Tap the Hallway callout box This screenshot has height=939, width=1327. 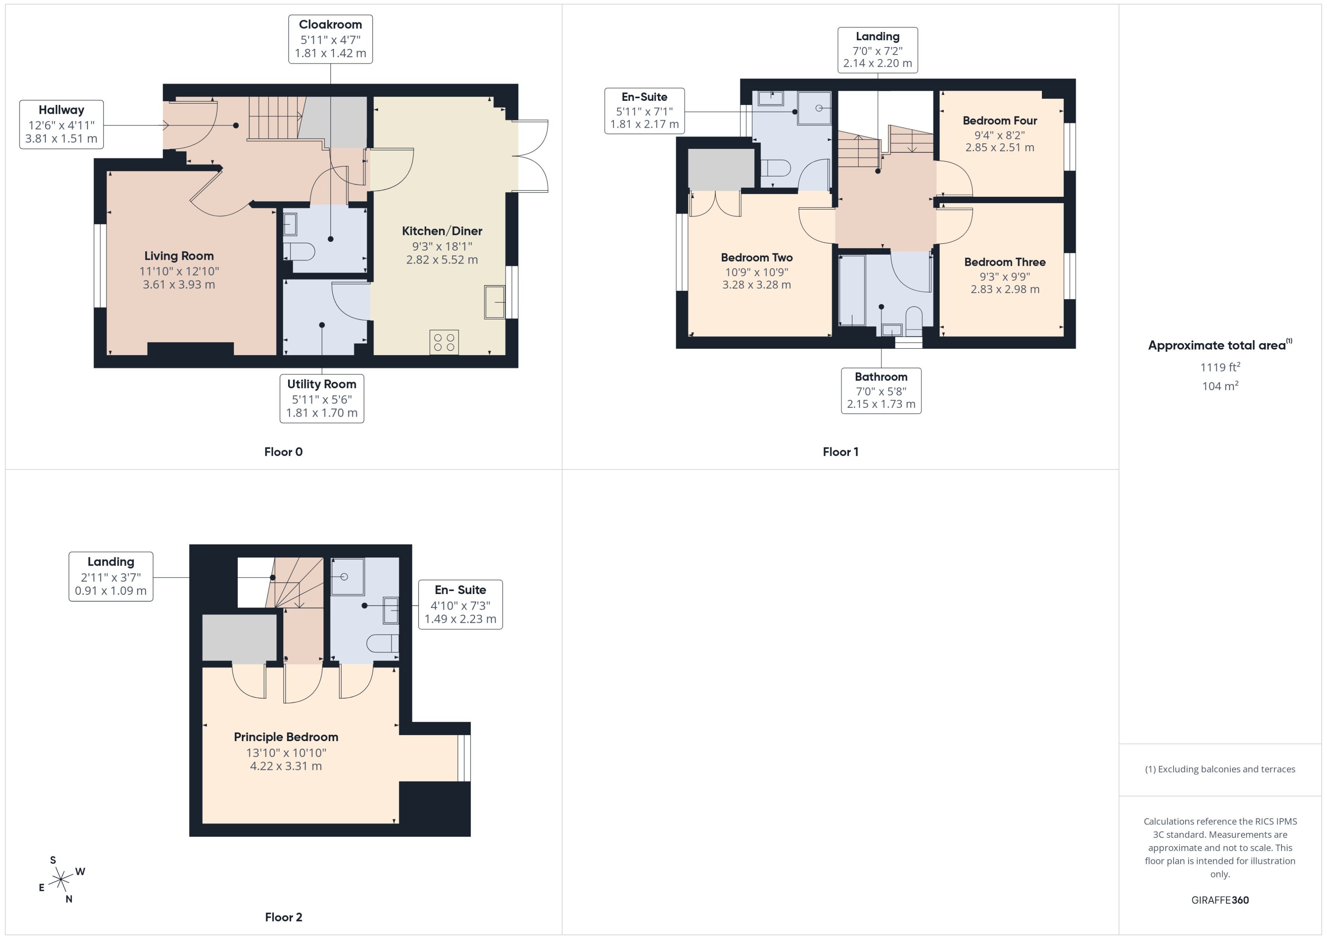coord(61,124)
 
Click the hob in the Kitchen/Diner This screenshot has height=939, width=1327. coord(444,342)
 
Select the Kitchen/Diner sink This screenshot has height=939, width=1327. coord(494,302)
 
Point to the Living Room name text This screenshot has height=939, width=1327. coord(179,256)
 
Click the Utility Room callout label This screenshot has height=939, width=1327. coord(322,398)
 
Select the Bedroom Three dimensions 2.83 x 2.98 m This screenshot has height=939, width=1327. coord(1005,289)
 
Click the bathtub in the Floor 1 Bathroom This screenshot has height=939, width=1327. coord(852,291)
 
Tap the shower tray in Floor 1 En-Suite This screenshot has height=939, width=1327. coord(814,108)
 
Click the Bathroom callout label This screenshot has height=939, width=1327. coord(881,390)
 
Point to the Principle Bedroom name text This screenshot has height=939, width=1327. coord(285,737)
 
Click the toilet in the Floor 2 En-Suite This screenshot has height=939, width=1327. coord(383,643)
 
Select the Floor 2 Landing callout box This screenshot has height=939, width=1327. coord(110,577)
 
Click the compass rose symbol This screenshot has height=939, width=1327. coord(61,880)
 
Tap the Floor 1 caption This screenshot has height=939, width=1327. coord(840,451)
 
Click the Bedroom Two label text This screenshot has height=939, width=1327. coord(756,257)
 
